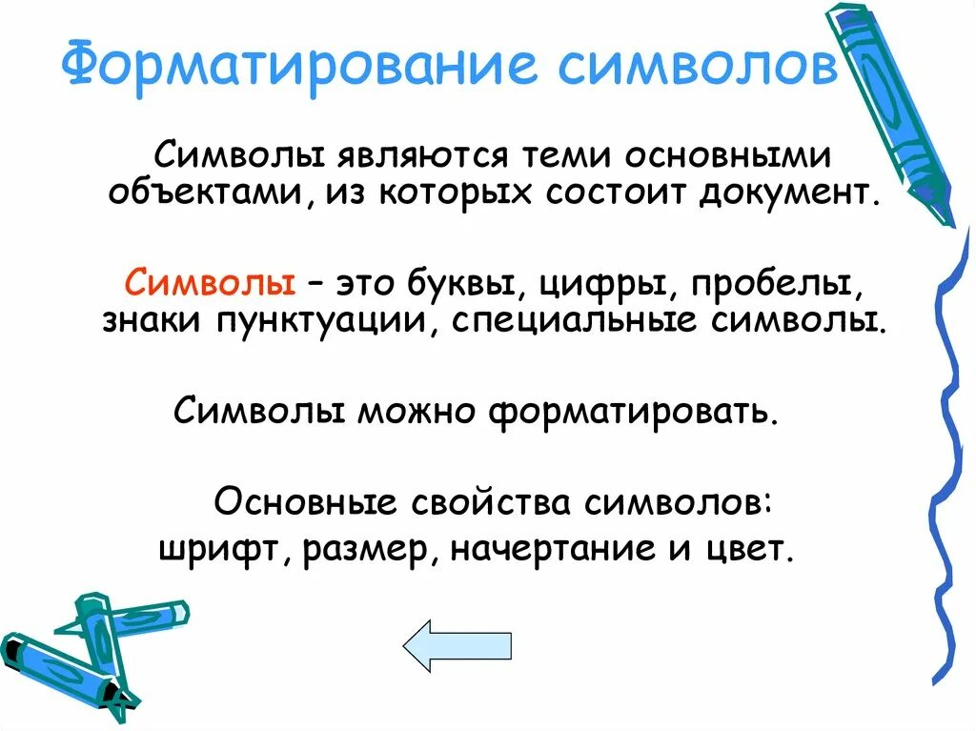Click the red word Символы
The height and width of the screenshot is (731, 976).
point(209,284)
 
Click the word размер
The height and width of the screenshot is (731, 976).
point(368,550)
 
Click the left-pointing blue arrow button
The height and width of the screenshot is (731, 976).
point(457,646)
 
